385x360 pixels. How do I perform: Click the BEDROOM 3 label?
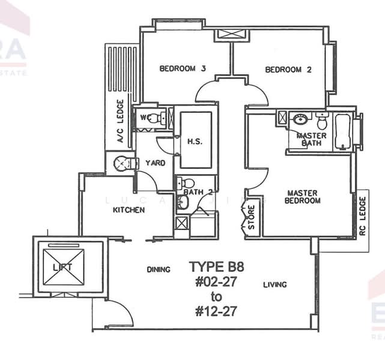tap(183, 69)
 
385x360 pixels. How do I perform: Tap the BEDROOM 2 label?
tap(288, 70)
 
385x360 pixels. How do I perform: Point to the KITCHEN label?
tap(129, 211)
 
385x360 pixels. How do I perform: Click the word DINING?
tap(159, 270)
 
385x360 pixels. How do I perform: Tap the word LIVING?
tap(274, 284)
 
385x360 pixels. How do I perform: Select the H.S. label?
tap(194, 142)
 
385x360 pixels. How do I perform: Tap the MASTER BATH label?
tap(312, 140)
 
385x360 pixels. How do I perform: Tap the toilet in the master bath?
tap(323, 122)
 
